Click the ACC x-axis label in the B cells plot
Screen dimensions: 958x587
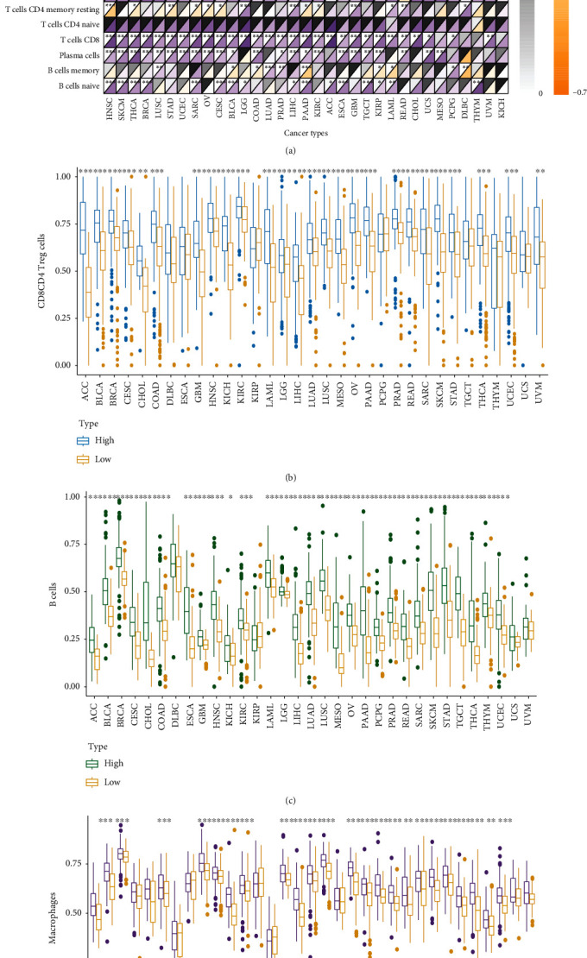point(92,709)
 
